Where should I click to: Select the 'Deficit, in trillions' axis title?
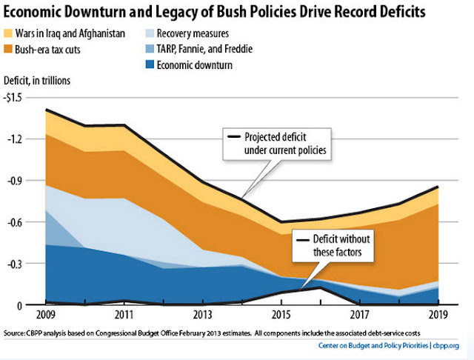click(x=42, y=81)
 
